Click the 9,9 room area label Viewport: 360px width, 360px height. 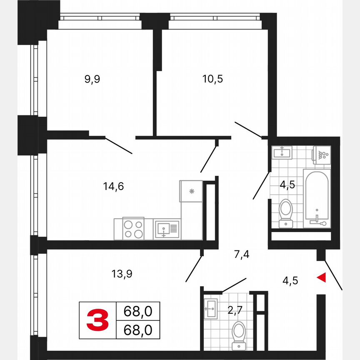92,79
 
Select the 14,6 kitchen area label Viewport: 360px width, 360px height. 114,186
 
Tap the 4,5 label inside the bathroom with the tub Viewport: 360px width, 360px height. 287,185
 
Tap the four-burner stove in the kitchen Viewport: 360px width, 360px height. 133,229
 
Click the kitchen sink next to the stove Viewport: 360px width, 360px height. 167,229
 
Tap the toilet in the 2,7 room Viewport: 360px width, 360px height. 239,333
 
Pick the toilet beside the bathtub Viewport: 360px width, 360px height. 286,212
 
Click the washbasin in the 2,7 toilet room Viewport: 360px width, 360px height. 211,309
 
